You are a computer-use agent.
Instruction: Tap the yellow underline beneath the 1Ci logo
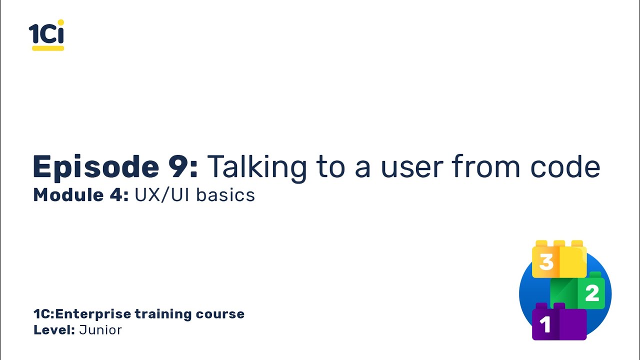48,48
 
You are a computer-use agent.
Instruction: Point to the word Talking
257,167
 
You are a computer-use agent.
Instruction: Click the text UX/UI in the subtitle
162,195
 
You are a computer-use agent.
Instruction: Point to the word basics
225,195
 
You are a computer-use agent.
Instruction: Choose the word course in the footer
223,314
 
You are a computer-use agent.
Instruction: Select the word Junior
100,330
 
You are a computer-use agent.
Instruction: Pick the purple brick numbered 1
558,323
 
